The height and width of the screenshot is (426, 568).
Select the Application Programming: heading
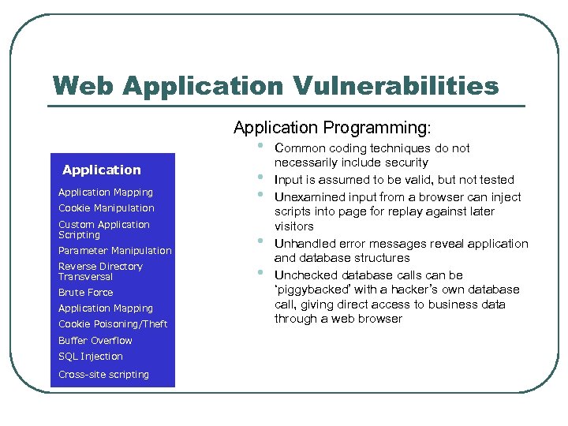pyautogui.click(x=332, y=127)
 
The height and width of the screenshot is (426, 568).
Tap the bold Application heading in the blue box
pyautogui.click(x=101, y=170)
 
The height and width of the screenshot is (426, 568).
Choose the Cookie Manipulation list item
pyautogui.click(x=106, y=208)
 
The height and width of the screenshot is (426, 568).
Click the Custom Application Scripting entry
pyautogui.click(x=103, y=230)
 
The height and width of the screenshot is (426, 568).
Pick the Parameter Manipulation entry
pyautogui.click(x=114, y=250)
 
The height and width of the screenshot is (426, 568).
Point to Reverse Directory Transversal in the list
pyautogui.click(x=100, y=271)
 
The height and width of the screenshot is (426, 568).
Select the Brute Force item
pyautogui.click(x=85, y=292)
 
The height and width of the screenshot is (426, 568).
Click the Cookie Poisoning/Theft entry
pyautogui.click(x=113, y=324)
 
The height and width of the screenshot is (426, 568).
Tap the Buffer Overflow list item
pyautogui.click(x=95, y=341)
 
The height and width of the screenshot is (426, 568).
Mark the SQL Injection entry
pyautogui.click(x=90, y=357)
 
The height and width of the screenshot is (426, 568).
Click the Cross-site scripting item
pyautogui.click(x=103, y=374)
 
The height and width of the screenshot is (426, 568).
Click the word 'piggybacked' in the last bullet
pyautogui.click(x=310, y=290)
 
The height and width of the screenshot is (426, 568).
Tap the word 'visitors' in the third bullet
pyautogui.click(x=293, y=226)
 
